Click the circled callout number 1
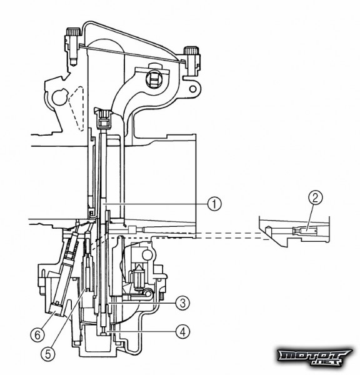point(214,204)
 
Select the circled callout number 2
point(316,197)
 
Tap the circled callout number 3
point(182,303)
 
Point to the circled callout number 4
point(182,331)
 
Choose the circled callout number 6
point(37,335)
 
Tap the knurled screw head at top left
point(73,32)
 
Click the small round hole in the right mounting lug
point(192,89)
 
